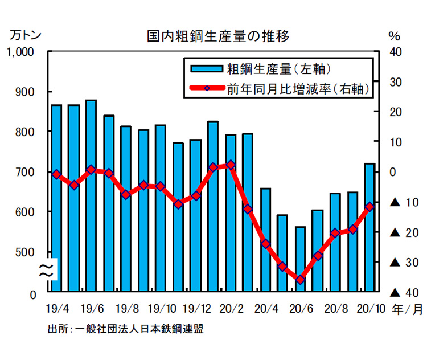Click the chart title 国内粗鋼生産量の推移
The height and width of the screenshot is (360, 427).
[x=217, y=37]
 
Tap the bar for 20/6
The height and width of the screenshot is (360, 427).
[x=299, y=259]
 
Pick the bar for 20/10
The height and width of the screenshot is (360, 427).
[x=369, y=227]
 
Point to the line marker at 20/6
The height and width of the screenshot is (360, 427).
[x=299, y=280]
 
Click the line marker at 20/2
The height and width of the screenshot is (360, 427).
[x=230, y=165]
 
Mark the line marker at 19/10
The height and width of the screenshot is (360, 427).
[x=161, y=186]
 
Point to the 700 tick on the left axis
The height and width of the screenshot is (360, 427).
[x=24, y=172]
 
